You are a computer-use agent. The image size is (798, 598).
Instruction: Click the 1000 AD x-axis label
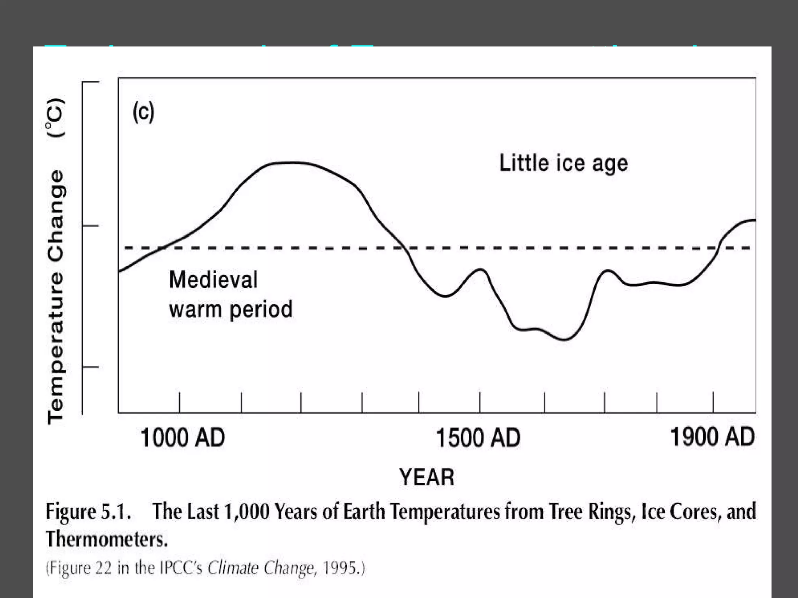[x=182, y=438]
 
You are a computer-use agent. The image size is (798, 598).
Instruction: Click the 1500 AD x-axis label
[x=478, y=438]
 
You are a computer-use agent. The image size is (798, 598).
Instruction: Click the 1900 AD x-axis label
[x=712, y=437]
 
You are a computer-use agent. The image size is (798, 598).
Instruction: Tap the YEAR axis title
[x=427, y=477]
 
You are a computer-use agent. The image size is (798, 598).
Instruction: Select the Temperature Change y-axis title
[x=56, y=296]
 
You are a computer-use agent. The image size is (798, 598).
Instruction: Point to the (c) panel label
[x=143, y=112]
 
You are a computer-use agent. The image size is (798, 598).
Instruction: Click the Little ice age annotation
[x=563, y=163]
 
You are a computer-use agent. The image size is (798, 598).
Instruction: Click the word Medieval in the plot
[x=213, y=280]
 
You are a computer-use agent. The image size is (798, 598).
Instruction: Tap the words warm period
[x=231, y=309]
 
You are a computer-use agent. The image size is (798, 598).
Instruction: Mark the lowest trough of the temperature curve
[x=564, y=339]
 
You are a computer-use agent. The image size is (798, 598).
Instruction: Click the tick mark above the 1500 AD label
[x=480, y=402]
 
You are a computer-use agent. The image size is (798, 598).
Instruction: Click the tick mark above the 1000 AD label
[x=180, y=402]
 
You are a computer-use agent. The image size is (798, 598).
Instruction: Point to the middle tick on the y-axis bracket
[x=90, y=225]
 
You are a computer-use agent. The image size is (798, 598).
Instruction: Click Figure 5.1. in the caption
[x=88, y=511]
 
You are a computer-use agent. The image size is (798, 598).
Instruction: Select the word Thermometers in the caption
[x=106, y=539]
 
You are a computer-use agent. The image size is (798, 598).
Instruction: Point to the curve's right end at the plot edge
[x=754, y=220]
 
